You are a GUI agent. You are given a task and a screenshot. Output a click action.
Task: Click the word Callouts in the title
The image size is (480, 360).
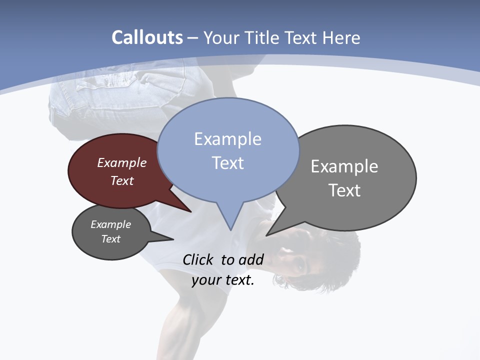[147, 37]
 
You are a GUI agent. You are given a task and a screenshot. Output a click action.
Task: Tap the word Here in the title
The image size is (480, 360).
[342, 37]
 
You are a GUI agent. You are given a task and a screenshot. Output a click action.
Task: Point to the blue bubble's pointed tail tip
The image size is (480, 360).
[230, 229]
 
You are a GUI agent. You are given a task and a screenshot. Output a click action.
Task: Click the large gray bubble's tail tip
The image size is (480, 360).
[267, 235]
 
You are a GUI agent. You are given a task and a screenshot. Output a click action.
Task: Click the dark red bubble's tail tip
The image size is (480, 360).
[191, 211]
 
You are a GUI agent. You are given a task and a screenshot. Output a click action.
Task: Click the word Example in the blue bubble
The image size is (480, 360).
[227, 139]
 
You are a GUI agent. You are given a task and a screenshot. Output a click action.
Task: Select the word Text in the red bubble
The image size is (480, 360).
[122, 180]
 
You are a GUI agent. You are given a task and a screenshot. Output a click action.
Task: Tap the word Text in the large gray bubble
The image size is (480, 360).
[344, 190]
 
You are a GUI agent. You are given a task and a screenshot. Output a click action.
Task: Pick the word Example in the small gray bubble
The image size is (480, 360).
[110, 224]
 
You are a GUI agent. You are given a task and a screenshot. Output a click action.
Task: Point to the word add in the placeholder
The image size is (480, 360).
[250, 259]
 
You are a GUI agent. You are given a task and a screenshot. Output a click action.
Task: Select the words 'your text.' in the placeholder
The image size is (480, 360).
[222, 280]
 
